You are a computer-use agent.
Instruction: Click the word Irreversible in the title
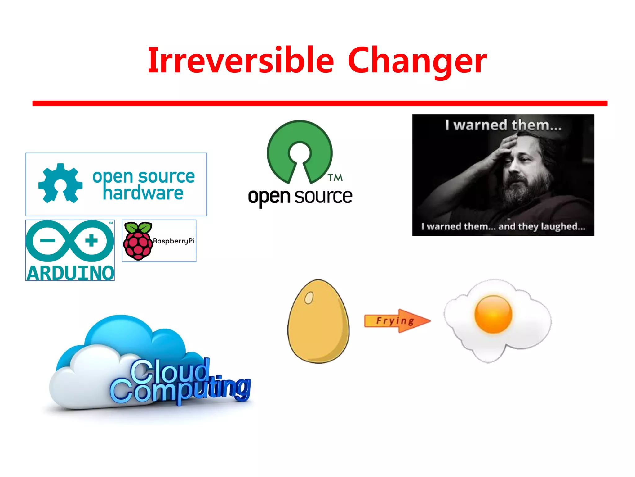[x=241, y=60]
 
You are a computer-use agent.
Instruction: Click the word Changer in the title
[x=417, y=61]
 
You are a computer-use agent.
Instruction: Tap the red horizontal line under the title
[x=319, y=103]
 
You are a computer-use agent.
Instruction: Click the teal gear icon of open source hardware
[x=60, y=183]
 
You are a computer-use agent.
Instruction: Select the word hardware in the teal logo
[x=143, y=193]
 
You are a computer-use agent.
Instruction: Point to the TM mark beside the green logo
[x=335, y=178]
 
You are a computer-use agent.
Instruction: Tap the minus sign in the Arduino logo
[x=48, y=240]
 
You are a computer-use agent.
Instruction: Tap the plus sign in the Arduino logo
[x=91, y=240]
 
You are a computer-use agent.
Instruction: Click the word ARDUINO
[x=70, y=273]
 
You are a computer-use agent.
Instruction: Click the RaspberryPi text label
[x=173, y=241]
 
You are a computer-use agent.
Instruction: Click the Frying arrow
[x=397, y=321]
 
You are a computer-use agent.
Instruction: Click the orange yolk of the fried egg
[x=493, y=314]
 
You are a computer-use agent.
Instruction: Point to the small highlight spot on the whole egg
[x=309, y=298]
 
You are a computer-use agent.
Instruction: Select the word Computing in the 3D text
[x=180, y=390]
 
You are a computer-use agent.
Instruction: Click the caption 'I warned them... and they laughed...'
[x=503, y=226]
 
